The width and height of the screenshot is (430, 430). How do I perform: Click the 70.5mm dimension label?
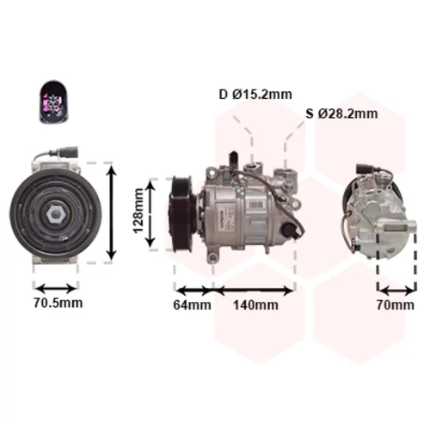(x=58, y=303)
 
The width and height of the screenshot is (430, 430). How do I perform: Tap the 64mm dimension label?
(x=192, y=304)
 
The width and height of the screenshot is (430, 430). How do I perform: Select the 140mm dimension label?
(x=255, y=304)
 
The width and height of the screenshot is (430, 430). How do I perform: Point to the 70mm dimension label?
(x=396, y=304)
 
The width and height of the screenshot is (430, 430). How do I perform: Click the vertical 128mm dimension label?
(x=138, y=211)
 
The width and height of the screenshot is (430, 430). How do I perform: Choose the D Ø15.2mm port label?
(x=255, y=94)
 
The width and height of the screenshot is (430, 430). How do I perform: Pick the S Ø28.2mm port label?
(x=341, y=114)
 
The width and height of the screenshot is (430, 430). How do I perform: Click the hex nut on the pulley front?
(x=56, y=214)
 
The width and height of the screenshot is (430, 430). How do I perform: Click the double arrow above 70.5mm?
(x=56, y=288)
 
